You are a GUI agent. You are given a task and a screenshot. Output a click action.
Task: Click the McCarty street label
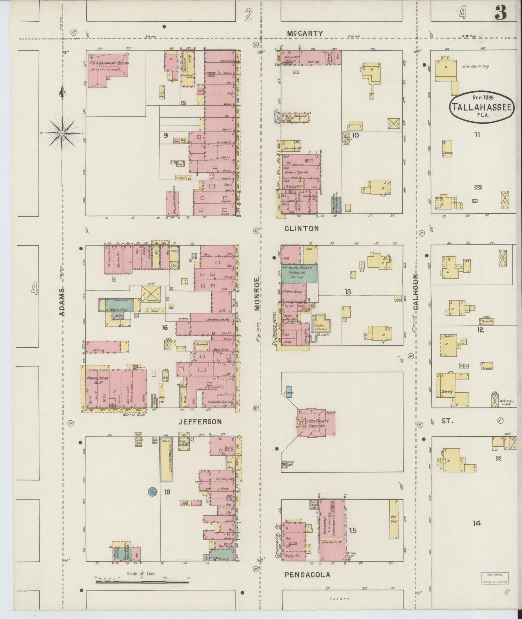(305, 33)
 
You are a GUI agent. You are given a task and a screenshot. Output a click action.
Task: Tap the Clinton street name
(301, 228)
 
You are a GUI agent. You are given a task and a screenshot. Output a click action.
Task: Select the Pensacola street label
(307, 575)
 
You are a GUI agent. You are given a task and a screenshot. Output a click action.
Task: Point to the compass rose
(62, 133)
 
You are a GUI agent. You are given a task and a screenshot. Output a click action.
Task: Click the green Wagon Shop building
(119, 305)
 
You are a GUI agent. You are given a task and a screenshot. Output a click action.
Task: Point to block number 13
(348, 291)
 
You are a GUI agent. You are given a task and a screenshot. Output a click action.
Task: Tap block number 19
(167, 492)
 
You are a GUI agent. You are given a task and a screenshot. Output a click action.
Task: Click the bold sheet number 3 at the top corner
(501, 13)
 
